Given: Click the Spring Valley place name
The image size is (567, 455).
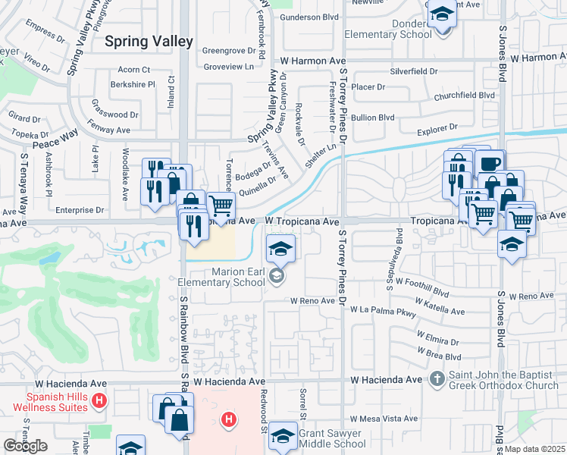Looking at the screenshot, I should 149,42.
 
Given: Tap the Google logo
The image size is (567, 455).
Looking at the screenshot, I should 25,446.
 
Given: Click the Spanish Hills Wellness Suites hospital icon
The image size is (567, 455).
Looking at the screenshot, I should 98,400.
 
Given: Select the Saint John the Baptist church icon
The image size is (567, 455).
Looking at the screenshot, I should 437,378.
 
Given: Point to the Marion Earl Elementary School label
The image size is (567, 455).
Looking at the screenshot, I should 221,278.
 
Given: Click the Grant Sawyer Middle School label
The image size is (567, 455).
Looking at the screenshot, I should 332,439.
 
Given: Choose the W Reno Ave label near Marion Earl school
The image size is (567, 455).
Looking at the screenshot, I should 312,300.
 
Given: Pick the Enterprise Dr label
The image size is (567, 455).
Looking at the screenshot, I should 78,209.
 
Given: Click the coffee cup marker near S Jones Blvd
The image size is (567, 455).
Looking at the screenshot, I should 490,163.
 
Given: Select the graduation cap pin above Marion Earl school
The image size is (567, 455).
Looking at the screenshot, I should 280,247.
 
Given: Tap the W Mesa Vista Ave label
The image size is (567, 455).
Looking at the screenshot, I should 384,418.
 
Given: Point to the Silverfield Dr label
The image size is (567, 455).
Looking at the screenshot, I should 414,71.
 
